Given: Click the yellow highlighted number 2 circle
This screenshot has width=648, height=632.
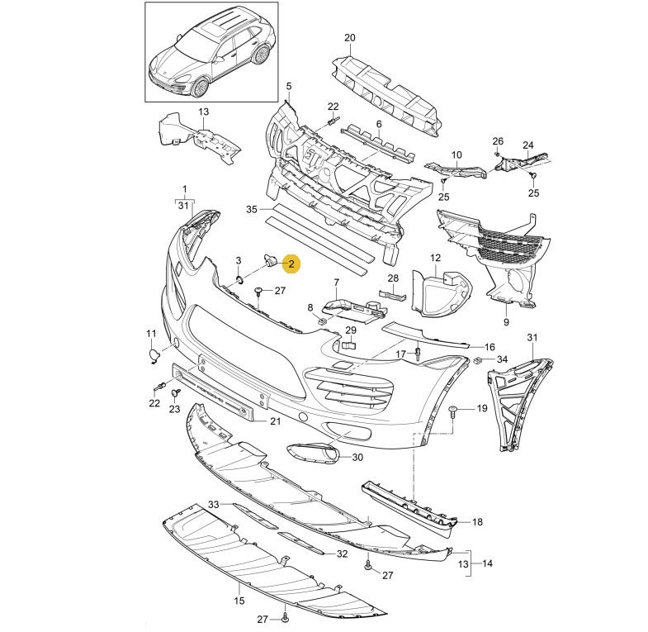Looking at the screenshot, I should pos(291,264).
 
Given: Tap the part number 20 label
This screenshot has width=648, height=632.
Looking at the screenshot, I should pos(349,38).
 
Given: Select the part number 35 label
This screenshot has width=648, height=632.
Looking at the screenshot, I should pos(252,210).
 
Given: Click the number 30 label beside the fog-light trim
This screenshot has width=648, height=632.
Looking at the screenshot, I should pos(357,457).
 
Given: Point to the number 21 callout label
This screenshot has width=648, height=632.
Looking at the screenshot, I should pos(276,421).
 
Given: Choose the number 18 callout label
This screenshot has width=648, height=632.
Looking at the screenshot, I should pos(477,522).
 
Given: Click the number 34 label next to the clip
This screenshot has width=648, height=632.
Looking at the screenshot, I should pos(503,360).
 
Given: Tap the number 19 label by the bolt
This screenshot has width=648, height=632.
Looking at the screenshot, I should pos(482,409).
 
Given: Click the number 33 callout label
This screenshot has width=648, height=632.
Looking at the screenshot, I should pos(213,504).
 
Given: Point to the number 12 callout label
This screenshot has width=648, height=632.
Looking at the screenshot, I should pos(436,259).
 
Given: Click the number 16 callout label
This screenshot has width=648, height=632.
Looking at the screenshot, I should pos(489,347).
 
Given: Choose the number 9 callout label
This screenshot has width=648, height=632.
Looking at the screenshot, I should pos(506,321).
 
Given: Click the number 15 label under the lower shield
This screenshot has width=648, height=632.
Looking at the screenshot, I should pos(240,601).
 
